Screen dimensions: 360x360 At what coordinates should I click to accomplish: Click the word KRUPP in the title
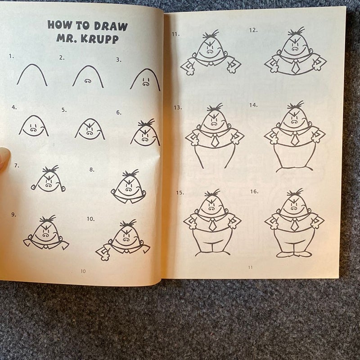tap(100, 39)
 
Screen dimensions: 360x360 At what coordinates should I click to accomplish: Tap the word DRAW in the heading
tap(111, 27)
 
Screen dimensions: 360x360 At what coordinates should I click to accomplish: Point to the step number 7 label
tap(17, 166)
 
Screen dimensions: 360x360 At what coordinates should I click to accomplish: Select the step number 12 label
tap(253, 30)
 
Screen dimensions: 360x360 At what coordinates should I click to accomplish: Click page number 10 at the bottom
tap(83, 271)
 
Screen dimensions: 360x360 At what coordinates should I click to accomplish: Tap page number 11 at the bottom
tap(250, 267)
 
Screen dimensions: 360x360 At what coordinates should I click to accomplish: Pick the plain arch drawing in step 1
tap(32, 75)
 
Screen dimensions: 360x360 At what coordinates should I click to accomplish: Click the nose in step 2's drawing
tap(88, 81)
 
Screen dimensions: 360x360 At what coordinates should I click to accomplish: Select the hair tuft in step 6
tap(146, 123)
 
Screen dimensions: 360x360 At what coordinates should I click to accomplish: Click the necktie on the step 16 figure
tap(294, 225)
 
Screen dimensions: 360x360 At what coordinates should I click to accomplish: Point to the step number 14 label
tap(253, 105)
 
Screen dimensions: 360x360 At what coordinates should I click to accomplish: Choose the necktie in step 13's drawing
tap(215, 140)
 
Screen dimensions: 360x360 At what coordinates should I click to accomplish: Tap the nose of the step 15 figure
tap(211, 208)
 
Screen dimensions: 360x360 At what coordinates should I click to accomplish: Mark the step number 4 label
tap(14, 107)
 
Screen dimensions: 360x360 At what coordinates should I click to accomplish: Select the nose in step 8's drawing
tap(129, 189)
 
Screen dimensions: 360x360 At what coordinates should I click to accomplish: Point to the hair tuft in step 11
tap(211, 34)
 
